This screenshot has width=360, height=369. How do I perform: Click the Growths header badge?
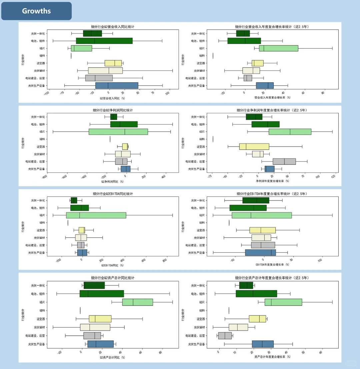[36, 11]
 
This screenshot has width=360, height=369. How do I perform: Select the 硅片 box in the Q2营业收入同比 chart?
[81, 48]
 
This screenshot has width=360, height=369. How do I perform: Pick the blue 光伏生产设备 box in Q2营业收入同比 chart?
[117, 86]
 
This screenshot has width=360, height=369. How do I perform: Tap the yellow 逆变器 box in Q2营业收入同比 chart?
[113, 63]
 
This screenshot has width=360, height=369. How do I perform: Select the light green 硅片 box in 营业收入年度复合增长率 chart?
[278, 48]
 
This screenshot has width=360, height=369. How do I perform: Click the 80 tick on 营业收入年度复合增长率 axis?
[322, 93]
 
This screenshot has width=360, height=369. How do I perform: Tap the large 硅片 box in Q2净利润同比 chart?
[118, 132]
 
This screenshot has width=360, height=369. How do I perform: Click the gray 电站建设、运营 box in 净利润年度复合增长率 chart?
[284, 162]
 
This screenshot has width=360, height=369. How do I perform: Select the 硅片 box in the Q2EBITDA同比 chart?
[96, 215]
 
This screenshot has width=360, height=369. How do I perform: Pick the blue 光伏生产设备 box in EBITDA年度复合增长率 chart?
[260, 252]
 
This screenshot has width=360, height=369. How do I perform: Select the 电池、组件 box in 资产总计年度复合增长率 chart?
[256, 294]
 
